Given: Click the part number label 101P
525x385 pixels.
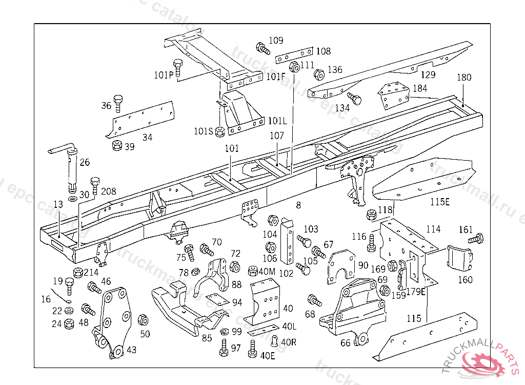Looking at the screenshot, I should coord(164,75).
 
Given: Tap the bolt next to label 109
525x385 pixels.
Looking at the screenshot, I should coord(262,49).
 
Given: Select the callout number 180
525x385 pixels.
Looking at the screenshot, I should coord(464,78).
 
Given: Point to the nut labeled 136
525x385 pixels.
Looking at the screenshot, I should coord(318,74).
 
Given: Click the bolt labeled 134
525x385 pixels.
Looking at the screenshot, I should coord(354,98).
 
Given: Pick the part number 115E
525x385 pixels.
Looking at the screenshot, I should coord(439,202).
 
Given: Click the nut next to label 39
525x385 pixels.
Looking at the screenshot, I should coord(117,146).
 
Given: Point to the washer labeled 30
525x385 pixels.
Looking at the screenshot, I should coord(72,198).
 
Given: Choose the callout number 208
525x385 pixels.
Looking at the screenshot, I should coord(109,191).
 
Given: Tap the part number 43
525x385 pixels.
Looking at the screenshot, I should coord(132,350).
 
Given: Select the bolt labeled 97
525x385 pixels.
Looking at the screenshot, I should coord(223,350).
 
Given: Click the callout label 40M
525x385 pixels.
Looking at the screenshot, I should coord(267,271).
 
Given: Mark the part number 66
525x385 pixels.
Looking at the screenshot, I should coord(345,343).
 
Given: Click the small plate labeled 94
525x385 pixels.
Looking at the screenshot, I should coord(216,300).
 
